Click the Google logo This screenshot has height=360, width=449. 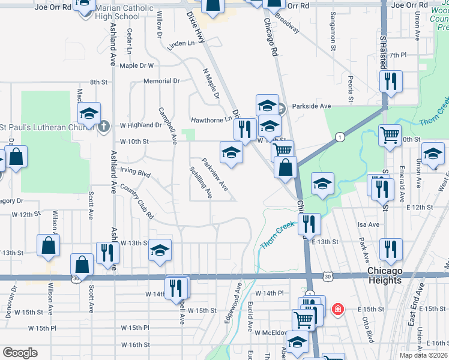tap(20, 352)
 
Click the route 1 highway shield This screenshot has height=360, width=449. tap(340, 137)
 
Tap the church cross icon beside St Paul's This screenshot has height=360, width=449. tap(104, 126)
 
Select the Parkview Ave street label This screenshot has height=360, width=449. tap(214, 174)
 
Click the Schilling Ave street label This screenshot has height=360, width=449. tap(201, 182)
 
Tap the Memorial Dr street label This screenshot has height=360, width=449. tap(161, 81)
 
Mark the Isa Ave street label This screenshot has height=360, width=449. tap(369, 224)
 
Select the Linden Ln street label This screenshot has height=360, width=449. tap(181, 44)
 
